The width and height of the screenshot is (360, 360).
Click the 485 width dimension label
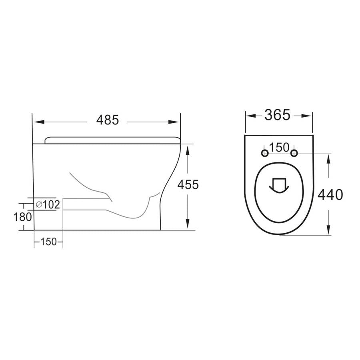107,120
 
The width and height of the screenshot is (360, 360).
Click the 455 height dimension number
188,184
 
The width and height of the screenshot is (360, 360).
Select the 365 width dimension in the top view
277,115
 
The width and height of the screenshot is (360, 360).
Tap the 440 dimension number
330,195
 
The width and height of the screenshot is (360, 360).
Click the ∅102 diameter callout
48,205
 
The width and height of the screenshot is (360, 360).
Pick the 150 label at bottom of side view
48,242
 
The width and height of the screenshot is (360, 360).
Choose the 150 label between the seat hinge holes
279,148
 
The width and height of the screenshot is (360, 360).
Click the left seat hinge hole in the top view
264,153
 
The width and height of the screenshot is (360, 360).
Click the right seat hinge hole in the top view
294,153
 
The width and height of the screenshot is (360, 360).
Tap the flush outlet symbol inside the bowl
279,184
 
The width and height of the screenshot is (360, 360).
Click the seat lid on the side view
112,139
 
